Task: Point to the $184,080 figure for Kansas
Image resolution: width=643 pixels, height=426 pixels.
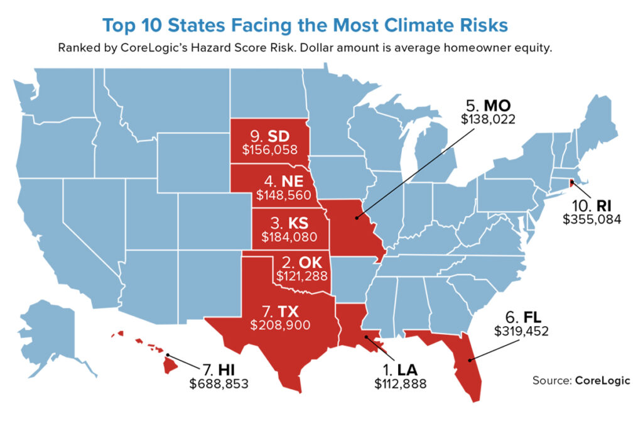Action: pyautogui.click(x=289, y=238)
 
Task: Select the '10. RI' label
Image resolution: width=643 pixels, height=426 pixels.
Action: pyautogui.click(x=591, y=205)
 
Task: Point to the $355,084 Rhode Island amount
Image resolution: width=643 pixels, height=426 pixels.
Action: pyautogui.click(x=590, y=219)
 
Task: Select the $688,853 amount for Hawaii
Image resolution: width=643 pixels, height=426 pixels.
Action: pyautogui.click(x=219, y=383)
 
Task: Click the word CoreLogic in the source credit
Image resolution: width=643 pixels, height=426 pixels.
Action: pyautogui.click(x=602, y=381)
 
